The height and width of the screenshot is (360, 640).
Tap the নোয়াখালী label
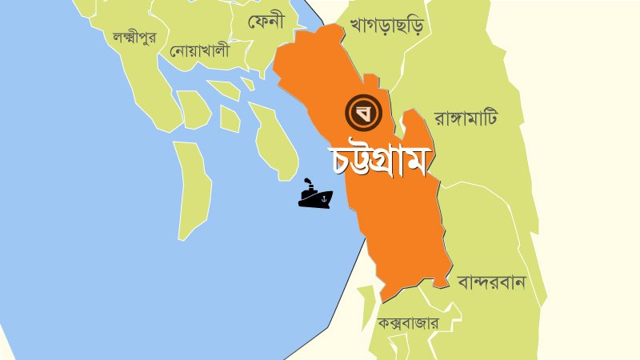click(x=199, y=51)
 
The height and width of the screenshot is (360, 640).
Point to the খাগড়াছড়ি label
click(x=386, y=26)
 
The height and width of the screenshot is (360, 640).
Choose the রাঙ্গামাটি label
click(x=466, y=118)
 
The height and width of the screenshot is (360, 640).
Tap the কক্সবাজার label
click(x=407, y=324)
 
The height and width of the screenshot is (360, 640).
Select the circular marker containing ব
click(x=362, y=113)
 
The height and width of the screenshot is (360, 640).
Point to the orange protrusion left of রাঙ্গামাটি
click(x=413, y=128)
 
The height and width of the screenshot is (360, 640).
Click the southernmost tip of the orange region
click(x=385, y=300)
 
